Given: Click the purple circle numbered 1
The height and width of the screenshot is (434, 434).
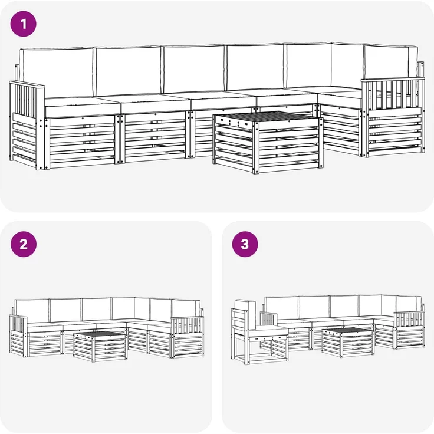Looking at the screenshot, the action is click(23, 24).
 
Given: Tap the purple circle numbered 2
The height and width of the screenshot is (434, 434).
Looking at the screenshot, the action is click(24, 244).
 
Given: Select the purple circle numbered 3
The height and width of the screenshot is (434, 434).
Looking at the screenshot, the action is click(245, 244).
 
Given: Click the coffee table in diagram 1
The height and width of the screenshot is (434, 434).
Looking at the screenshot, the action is click(268, 142).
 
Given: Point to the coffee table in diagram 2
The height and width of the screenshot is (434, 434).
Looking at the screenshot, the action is click(100, 346).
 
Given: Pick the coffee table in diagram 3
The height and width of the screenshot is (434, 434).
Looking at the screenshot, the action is click(348, 342).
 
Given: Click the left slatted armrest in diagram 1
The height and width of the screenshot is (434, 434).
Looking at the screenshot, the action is click(27, 100).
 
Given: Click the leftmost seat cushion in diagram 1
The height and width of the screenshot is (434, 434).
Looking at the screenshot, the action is click(82, 107).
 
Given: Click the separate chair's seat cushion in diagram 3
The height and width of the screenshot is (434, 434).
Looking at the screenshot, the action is click(267, 331).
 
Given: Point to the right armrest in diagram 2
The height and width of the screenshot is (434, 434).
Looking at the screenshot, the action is click(187, 325).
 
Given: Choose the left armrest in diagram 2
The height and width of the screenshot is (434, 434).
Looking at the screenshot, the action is click(18, 324).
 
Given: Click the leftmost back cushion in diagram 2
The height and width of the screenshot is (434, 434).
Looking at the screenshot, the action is click(32, 311).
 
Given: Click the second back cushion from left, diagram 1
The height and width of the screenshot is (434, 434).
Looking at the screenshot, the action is click(127, 71).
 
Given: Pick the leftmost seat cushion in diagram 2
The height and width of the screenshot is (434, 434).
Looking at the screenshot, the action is click(45, 327).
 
